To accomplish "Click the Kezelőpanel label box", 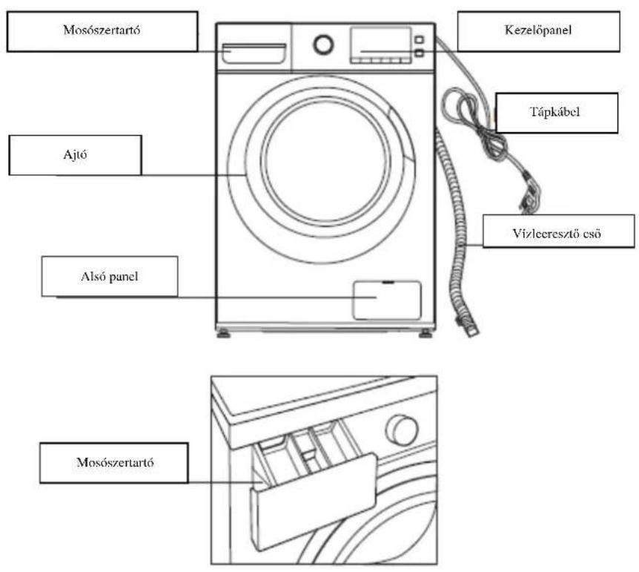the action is tap(538, 31).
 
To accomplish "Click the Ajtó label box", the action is tap(76, 155).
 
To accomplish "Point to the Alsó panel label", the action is tap(110, 276).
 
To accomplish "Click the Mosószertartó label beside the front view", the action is tap(102, 31).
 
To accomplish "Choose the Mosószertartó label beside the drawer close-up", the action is tap(114, 463).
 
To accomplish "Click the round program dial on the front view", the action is tap(323, 45).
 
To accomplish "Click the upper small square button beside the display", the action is tap(419, 39).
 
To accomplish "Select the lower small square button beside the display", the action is tap(419, 53).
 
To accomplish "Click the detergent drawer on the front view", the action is tap(254, 53).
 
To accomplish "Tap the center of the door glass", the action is tap(325, 161).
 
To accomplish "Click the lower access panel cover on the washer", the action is tap(387, 300).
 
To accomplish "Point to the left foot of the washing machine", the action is tap(223, 334).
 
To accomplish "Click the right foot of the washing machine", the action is tap(425, 334).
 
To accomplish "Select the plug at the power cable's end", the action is tap(529, 196).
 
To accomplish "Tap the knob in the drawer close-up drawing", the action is tap(401, 430).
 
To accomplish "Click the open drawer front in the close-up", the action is tap(314, 502).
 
